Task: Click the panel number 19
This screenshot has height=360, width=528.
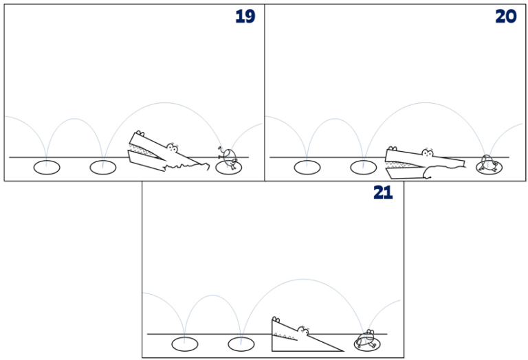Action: click(245, 16)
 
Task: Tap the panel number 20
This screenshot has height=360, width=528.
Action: click(505, 16)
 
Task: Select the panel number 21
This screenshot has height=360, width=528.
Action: click(383, 193)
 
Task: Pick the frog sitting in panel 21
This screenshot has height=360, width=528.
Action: click(366, 339)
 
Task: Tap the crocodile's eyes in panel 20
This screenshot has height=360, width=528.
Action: click(428, 153)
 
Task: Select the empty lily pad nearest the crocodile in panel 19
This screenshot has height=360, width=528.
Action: click(102, 167)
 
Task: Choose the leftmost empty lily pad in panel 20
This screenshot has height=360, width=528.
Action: click(307, 167)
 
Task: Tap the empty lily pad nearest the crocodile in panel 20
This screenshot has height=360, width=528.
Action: click(363, 167)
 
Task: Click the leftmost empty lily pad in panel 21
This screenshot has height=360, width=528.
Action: click(184, 344)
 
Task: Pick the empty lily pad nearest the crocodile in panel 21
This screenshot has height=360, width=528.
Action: click(241, 344)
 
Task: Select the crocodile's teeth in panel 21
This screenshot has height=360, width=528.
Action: click(285, 336)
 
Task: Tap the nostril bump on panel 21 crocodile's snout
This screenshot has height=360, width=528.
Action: click(276, 319)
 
